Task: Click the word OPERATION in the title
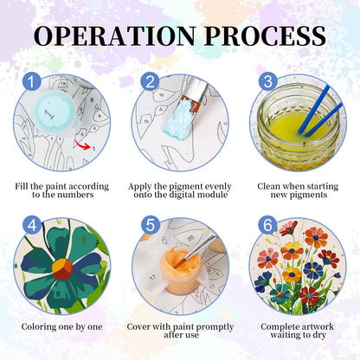[x=114, y=35]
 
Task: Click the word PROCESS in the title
[x=266, y=35]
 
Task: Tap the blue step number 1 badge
[x=32, y=81]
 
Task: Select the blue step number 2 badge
[x=150, y=81]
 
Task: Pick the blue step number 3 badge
[x=267, y=81]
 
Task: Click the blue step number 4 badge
[x=32, y=225]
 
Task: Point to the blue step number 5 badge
[x=151, y=225]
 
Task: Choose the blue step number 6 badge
[x=267, y=225]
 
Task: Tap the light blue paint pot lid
[x=55, y=112]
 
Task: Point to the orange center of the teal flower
[x=62, y=268]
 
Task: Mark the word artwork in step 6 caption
[x=316, y=327]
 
